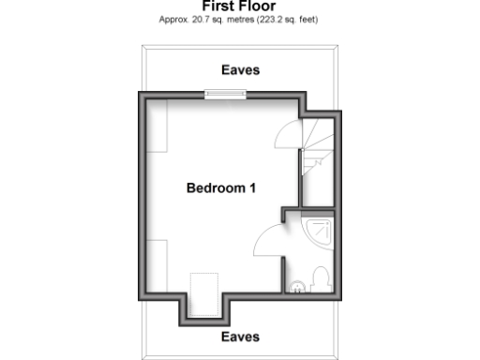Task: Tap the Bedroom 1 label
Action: (221, 188)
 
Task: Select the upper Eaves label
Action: (240, 69)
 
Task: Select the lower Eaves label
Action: (240, 337)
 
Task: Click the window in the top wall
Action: (226, 93)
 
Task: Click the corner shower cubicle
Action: (321, 231)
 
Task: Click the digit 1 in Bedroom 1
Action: (252, 188)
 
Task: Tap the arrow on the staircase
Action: (318, 160)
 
